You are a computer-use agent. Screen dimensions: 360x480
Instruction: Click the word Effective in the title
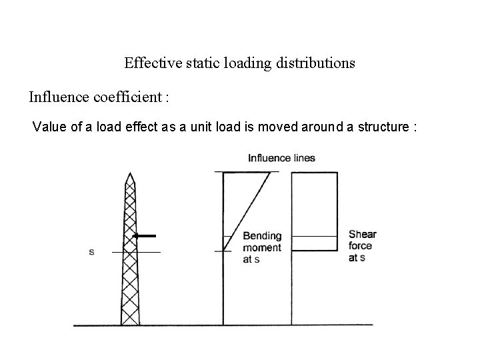148,63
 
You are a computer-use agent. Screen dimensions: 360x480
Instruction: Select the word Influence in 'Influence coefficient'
55,97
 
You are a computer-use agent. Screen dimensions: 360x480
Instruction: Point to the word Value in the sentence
47,127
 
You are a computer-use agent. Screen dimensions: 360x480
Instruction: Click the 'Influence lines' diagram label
281,158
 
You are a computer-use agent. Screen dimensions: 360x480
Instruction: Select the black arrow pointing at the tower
145,235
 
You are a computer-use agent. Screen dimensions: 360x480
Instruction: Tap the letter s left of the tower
91,252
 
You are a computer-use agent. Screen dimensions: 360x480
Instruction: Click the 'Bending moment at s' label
262,247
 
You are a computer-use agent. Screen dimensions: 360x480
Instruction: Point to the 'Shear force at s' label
362,245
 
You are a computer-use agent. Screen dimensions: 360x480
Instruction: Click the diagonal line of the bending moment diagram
247,211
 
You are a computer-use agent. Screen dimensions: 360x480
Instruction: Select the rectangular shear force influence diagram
314,211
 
